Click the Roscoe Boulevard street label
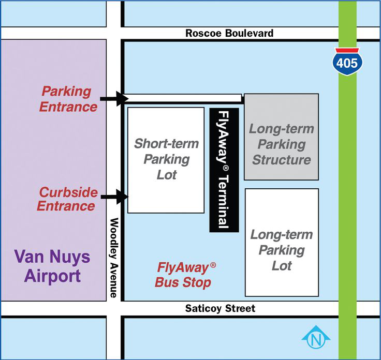click(x=229, y=34)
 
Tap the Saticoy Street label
click(x=220, y=309)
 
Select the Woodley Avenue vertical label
click(x=114, y=258)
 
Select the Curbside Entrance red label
click(x=68, y=199)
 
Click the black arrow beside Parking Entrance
click(x=114, y=98)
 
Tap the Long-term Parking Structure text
click(x=281, y=144)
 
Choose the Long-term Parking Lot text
click(x=282, y=250)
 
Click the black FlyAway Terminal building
click(x=224, y=170)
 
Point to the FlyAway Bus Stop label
click(x=185, y=275)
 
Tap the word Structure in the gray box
click(x=281, y=159)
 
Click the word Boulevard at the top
click(x=247, y=34)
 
